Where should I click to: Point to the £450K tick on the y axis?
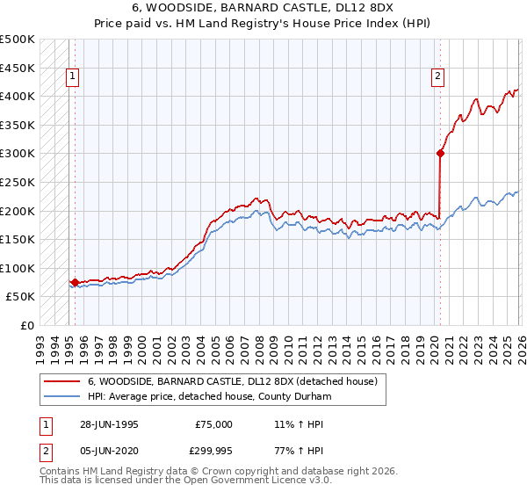tap(18, 68)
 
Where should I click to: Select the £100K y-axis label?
tap(18, 268)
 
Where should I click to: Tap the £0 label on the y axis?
tap(26, 325)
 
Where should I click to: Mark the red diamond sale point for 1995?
tap(75, 282)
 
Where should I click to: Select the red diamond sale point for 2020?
tap(440, 154)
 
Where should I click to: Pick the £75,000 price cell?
tap(213, 424)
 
